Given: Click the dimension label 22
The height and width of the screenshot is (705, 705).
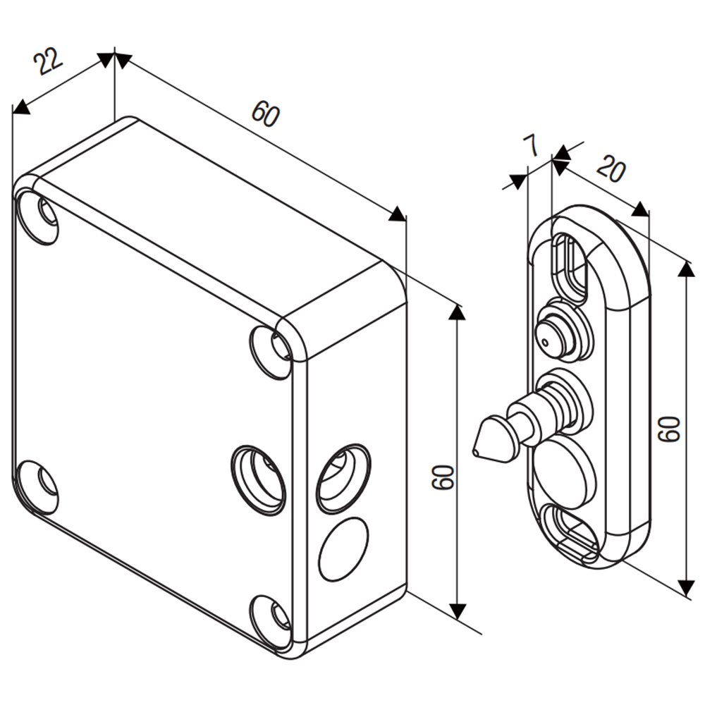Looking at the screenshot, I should [48, 63].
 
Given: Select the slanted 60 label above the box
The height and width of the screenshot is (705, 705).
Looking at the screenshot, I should [266, 115].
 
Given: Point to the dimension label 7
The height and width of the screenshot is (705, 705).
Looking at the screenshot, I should [531, 147].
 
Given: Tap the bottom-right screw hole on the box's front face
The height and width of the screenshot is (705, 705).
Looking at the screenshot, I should [271, 618].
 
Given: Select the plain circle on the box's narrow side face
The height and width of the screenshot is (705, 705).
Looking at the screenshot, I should [343, 549].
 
